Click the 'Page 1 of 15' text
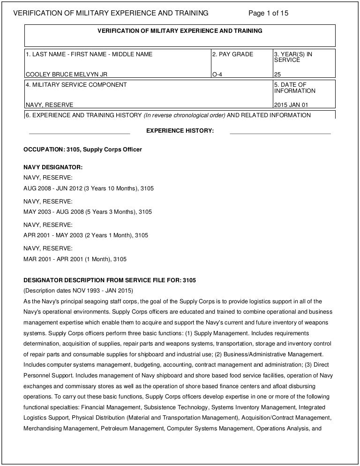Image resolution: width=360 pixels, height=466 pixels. tap(268, 13)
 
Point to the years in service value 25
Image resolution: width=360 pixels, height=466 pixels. tap(277, 74)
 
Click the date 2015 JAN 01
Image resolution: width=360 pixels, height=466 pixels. tap(291, 105)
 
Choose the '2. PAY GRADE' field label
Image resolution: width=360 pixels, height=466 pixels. tap(232, 54)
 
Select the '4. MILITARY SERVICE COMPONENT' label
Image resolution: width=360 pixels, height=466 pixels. tap(76, 85)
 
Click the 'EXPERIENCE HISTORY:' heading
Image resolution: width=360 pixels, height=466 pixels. tap(180, 131)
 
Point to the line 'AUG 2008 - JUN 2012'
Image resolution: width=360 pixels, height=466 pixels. tap(89, 188)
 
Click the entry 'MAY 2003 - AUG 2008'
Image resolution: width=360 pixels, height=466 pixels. tap(88, 212)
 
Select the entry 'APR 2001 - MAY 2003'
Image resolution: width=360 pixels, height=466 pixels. tap(86, 235)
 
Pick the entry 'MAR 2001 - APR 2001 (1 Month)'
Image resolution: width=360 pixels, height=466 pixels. tap(75, 259)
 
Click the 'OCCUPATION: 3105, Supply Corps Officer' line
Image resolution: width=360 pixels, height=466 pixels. tap(82, 150)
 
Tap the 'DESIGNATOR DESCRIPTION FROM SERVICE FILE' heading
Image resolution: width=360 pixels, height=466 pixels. tap(110, 280)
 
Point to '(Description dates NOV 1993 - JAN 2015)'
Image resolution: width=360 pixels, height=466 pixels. tap(78, 290)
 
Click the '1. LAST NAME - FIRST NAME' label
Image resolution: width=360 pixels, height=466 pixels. tap(89, 54)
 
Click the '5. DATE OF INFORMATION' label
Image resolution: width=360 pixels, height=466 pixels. tap(295, 88)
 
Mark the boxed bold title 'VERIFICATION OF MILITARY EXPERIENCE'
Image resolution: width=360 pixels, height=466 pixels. tap(180, 31)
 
